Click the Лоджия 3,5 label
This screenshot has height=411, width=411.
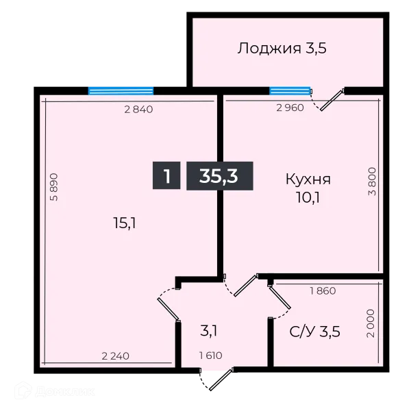pos(278,49)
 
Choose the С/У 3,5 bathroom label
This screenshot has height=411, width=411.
pos(316,333)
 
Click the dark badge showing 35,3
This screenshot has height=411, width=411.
pos(219,175)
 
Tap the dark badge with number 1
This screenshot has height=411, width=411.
pos(166,175)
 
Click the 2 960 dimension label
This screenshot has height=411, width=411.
pos(289,108)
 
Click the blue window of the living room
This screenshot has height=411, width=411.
pos(121,88)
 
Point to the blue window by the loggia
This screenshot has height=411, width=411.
pos(290,90)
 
